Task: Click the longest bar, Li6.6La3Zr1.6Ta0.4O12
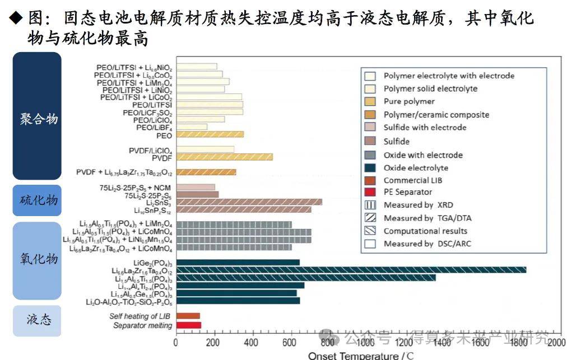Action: click(x=351, y=270)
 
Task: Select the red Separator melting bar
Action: click(x=188, y=325)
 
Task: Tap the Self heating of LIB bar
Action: click(x=188, y=316)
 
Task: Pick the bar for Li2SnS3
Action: click(x=249, y=202)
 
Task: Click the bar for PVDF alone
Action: click(x=224, y=157)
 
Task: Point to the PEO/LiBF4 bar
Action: click(x=192, y=127)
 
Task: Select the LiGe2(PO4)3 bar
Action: click(x=238, y=262)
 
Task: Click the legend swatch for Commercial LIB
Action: click(x=369, y=180)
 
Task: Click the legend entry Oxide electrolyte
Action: click(x=416, y=167)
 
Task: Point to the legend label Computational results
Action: click(x=425, y=231)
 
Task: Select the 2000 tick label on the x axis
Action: click(x=555, y=342)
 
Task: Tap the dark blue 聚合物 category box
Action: click(x=37, y=116)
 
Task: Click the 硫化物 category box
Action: click(x=37, y=200)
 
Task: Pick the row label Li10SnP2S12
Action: click(x=153, y=210)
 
